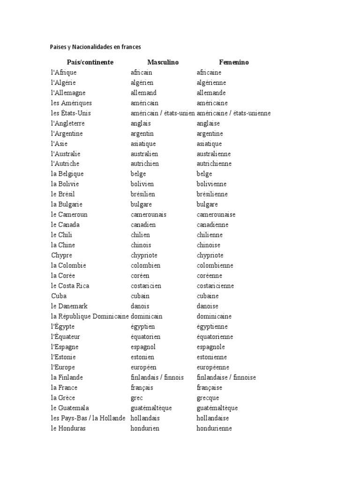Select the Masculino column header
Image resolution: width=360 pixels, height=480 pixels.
163,62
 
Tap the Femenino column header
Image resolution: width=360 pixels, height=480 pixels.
234,62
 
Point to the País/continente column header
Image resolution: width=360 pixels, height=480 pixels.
90,62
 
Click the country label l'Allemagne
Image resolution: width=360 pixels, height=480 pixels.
68,93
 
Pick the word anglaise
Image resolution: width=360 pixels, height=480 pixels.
208,123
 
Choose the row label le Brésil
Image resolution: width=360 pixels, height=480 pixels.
63,194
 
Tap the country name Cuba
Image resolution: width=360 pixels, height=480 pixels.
59,296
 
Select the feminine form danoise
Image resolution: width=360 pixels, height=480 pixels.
208,306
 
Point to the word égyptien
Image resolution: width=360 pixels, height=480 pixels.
142,327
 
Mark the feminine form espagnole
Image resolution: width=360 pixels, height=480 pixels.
211,347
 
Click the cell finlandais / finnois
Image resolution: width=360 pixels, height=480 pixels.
157,377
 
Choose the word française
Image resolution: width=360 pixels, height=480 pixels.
210,388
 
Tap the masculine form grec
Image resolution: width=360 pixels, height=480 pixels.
137,398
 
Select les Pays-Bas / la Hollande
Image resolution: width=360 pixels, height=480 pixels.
88,418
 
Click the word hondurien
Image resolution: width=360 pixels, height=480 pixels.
145,428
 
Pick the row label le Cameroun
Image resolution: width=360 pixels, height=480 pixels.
69,215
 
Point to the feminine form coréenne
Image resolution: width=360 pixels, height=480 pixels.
210,276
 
